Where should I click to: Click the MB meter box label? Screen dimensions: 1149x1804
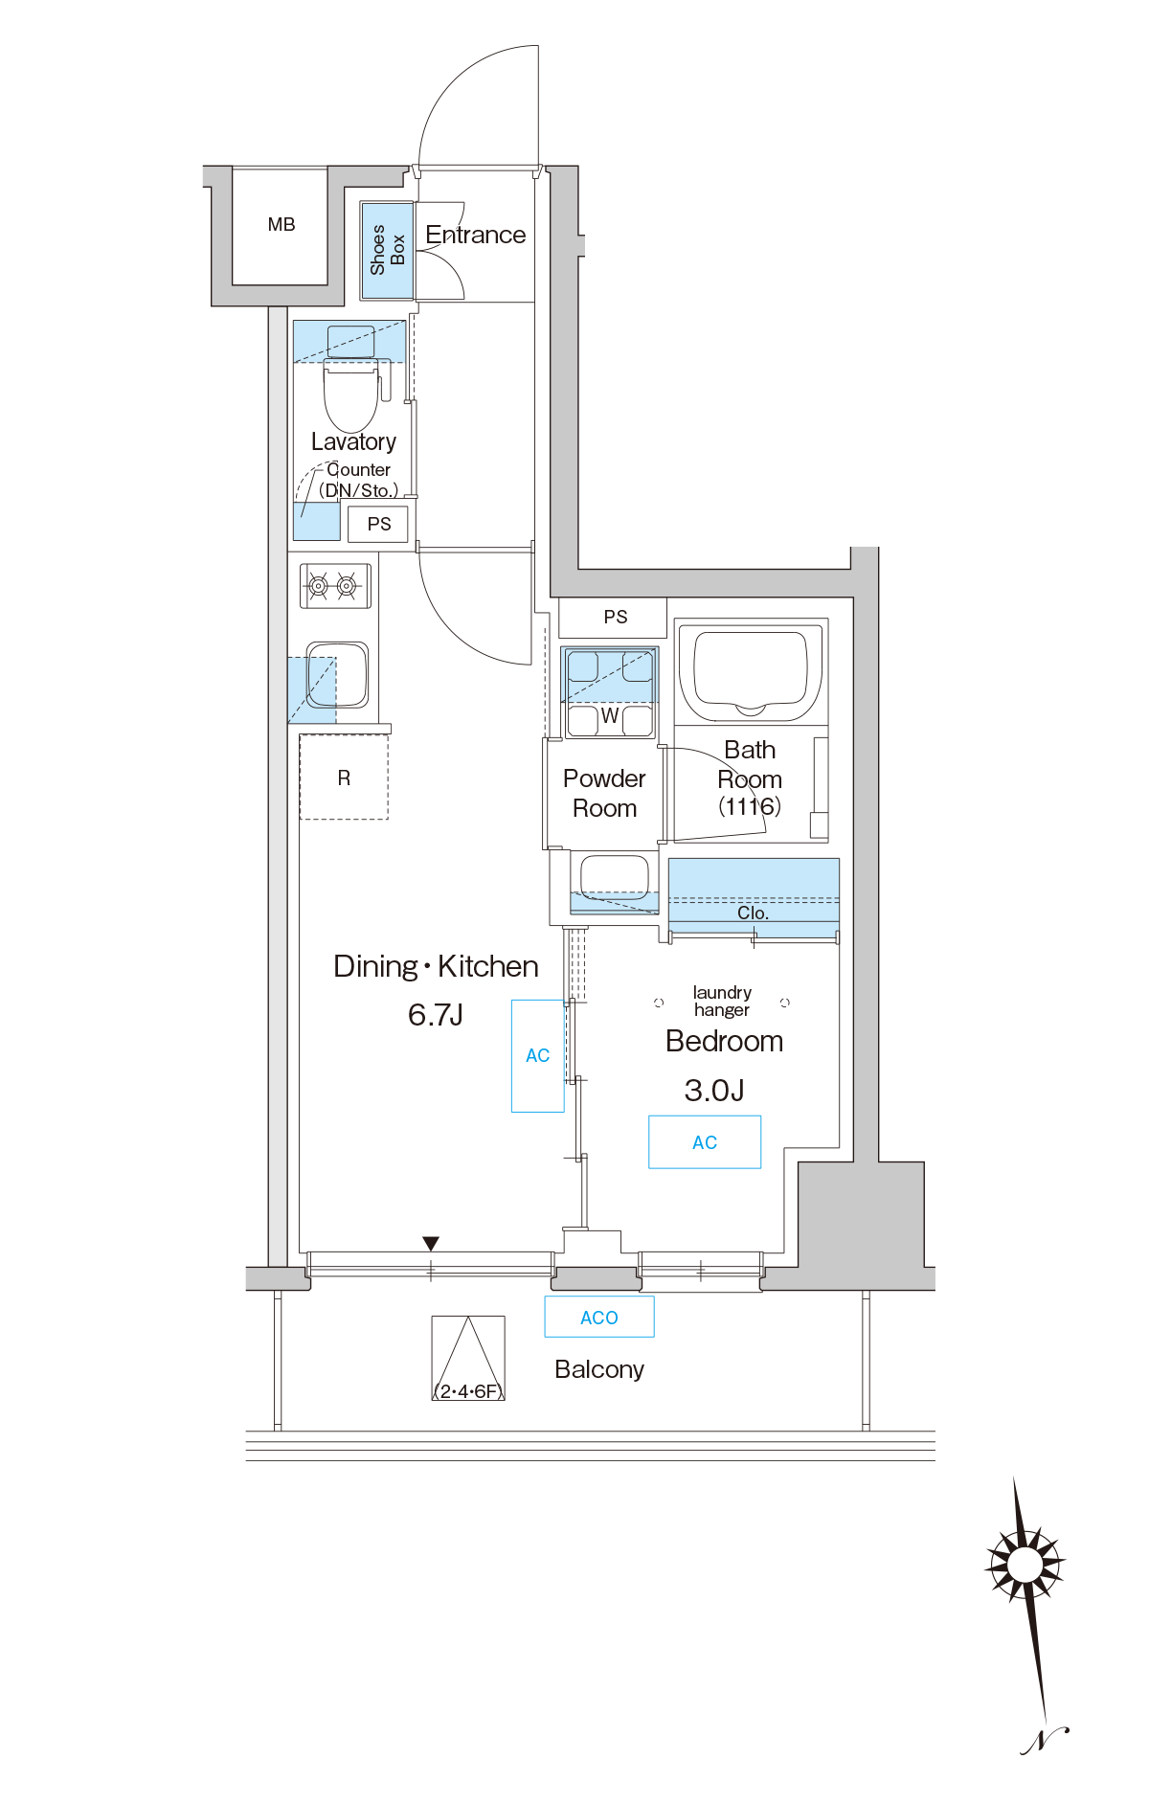point(282,225)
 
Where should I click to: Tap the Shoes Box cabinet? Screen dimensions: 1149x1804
point(387,251)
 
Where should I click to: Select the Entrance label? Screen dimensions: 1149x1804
point(475,235)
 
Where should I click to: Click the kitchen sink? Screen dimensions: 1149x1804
point(337,674)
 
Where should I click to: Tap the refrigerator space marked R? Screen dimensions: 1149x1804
point(344,777)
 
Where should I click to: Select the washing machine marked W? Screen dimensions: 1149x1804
point(610,692)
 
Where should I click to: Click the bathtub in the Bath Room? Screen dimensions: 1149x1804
point(751,671)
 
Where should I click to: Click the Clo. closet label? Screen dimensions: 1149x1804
point(753,913)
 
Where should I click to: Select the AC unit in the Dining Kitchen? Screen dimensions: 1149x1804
point(538,1055)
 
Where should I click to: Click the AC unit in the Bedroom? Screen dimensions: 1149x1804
point(705,1141)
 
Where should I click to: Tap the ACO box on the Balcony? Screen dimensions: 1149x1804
point(599,1317)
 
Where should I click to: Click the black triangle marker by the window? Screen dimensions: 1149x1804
point(431,1243)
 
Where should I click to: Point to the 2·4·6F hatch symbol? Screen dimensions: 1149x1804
point(468,1358)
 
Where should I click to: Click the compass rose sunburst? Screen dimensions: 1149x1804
point(1025,1565)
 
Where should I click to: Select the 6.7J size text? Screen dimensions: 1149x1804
point(436,1014)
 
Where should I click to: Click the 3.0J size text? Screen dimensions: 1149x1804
point(714,1090)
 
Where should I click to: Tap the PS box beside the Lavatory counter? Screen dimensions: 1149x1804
point(379,524)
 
